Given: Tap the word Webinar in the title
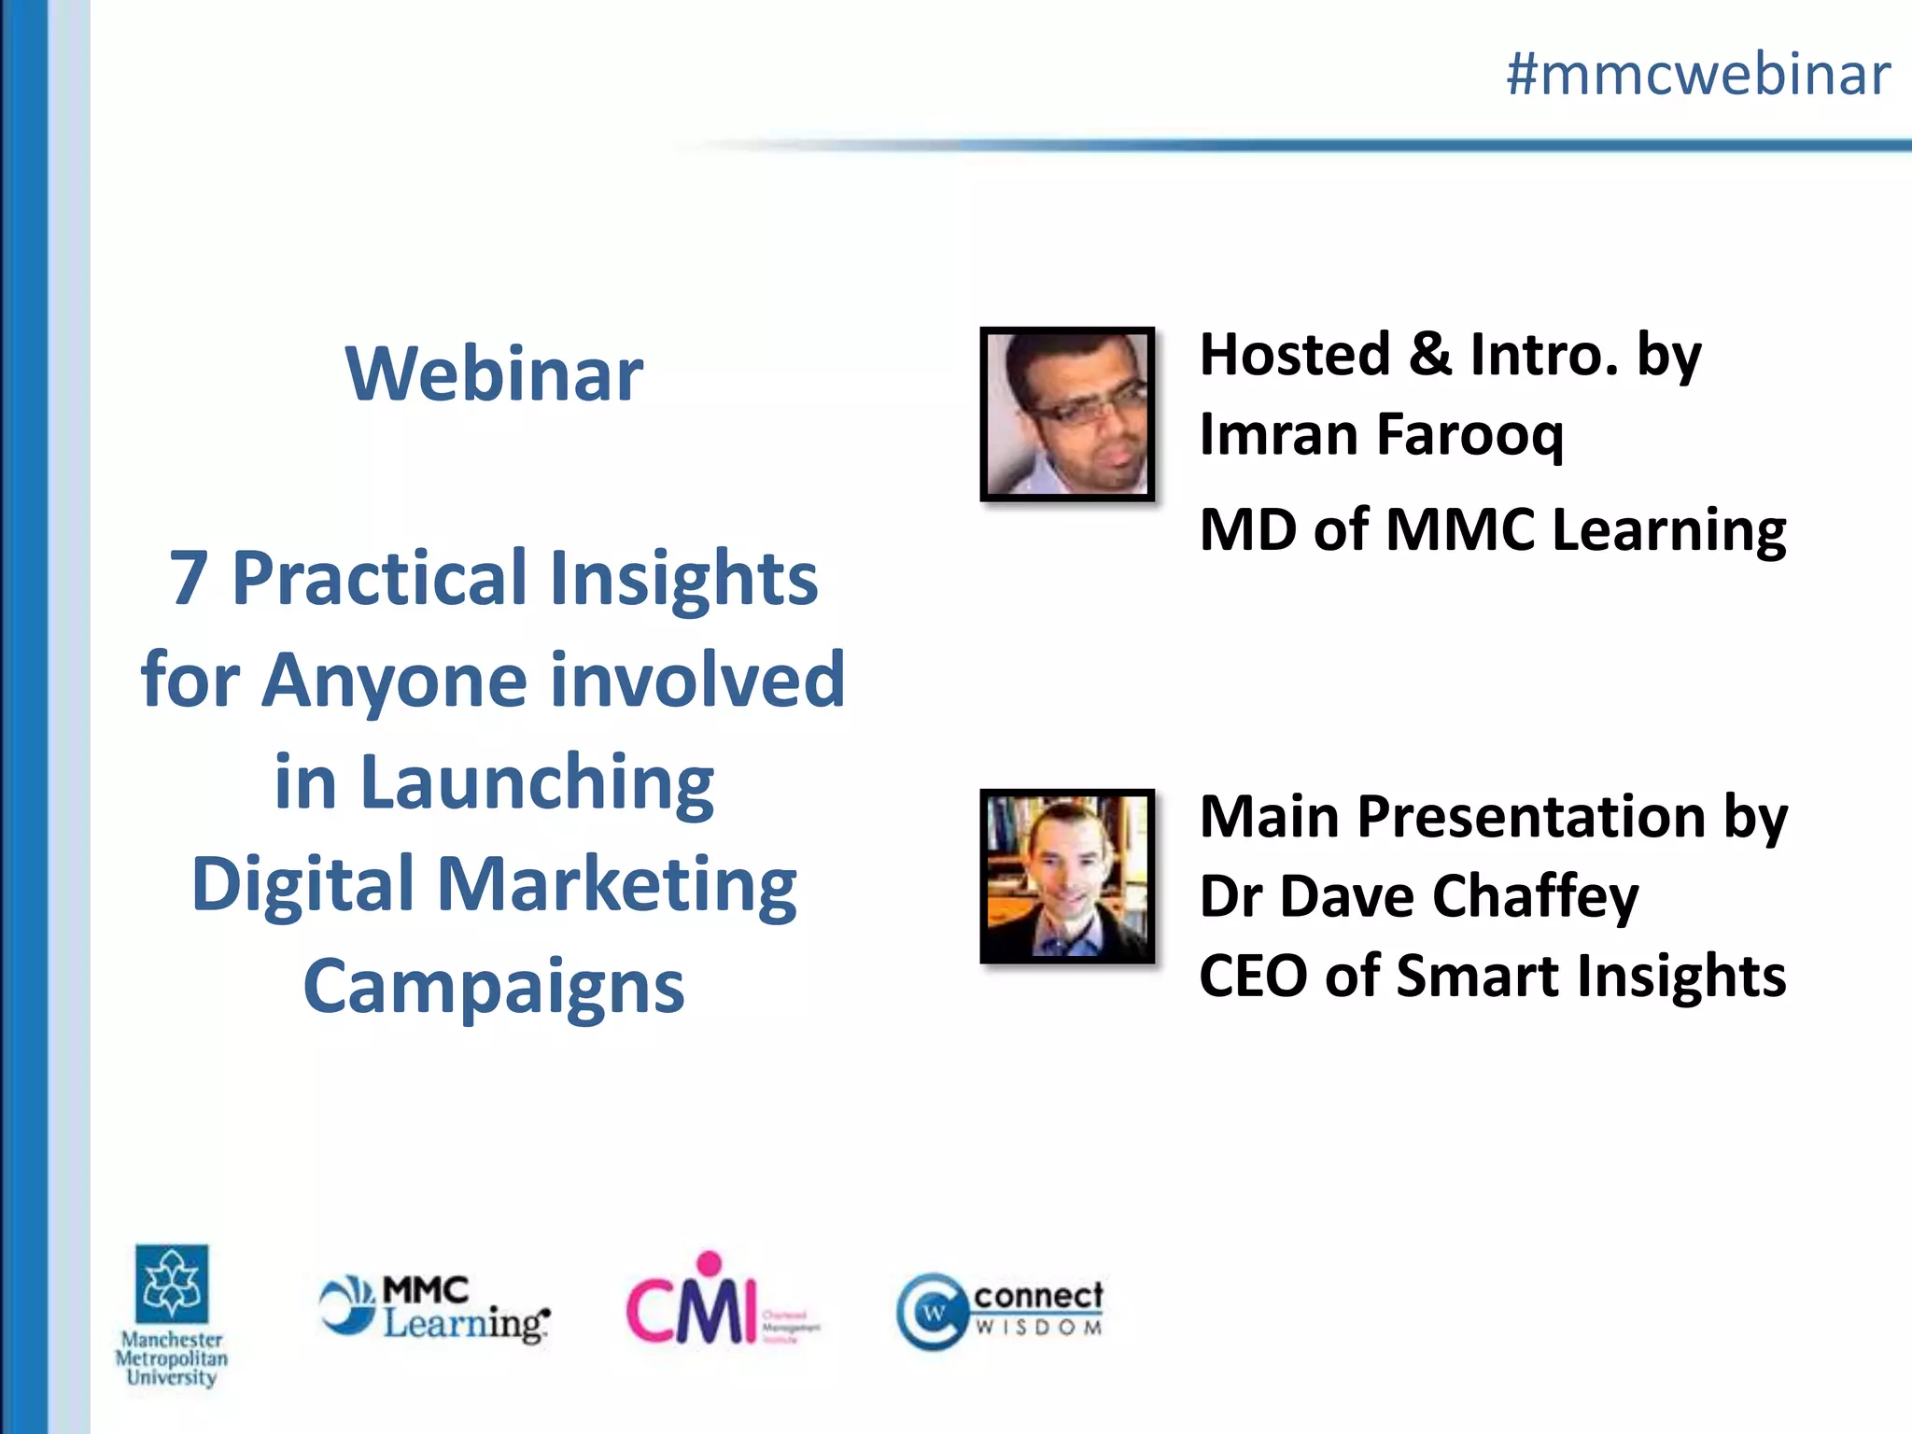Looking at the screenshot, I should [494, 373].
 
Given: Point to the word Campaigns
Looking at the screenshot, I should [494, 987].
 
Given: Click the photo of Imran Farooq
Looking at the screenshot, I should [1067, 414].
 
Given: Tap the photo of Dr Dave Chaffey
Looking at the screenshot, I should [1067, 876].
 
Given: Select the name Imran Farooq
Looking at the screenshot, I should [1381, 435].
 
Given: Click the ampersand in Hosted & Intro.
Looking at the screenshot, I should [1429, 355].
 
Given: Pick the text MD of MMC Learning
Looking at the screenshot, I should [1492, 530].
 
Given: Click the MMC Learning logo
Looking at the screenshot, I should [434, 1309].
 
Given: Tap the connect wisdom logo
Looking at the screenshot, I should [999, 1310].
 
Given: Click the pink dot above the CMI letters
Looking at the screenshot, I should [710, 1263].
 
